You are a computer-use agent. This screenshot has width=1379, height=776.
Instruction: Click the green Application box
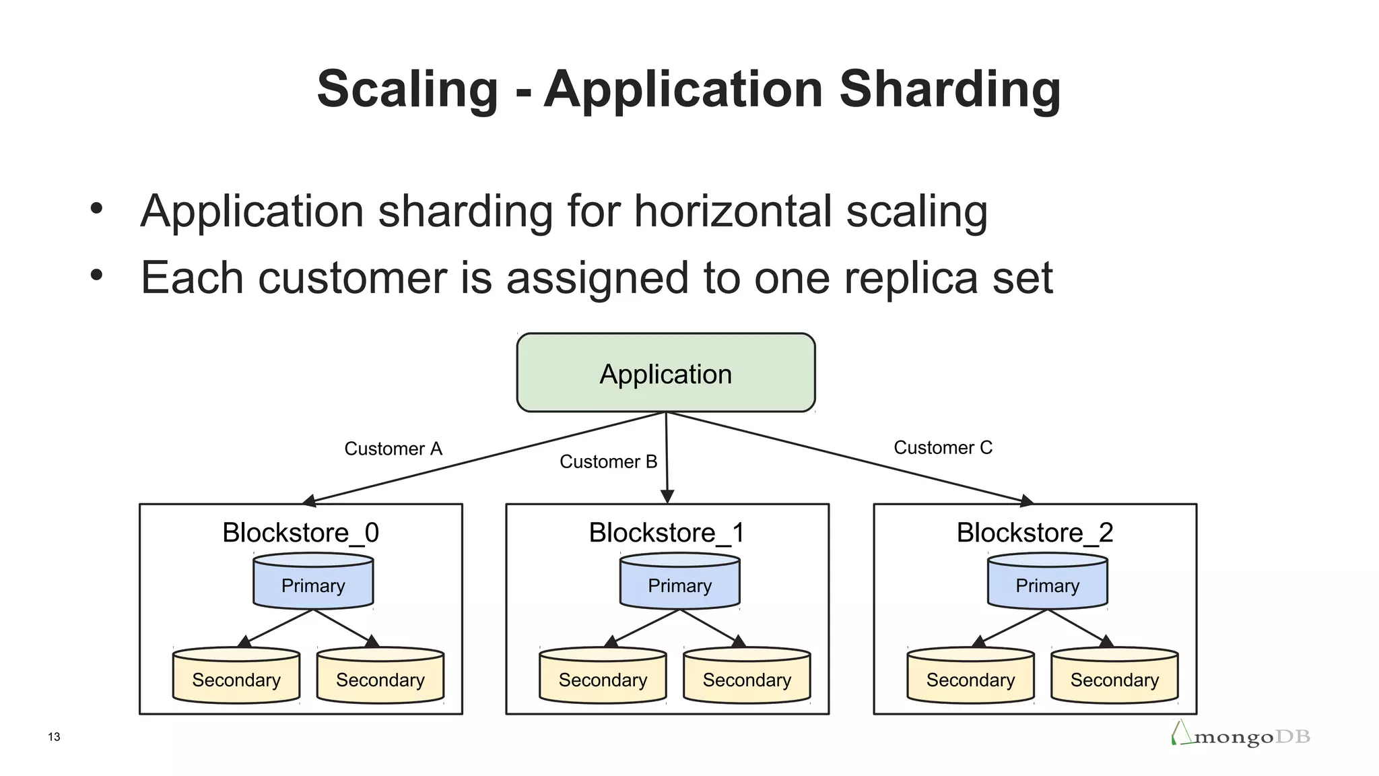point(665,373)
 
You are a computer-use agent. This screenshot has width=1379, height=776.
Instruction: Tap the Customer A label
point(393,449)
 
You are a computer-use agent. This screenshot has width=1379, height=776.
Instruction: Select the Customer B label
point(608,461)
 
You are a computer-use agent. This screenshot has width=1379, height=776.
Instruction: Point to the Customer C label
point(943,447)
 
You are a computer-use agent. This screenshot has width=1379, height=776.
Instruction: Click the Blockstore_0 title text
point(300,533)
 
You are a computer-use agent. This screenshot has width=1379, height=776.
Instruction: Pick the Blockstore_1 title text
point(667,533)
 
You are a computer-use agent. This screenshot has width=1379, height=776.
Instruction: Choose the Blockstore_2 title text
point(1034,533)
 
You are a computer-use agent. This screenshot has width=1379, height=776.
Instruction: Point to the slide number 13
point(54,737)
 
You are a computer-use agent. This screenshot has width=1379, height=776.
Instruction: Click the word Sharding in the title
point(950,89)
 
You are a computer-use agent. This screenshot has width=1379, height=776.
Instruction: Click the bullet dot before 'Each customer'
point(97,275)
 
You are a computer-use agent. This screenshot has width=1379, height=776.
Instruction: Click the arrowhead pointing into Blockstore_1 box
point(667,497)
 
